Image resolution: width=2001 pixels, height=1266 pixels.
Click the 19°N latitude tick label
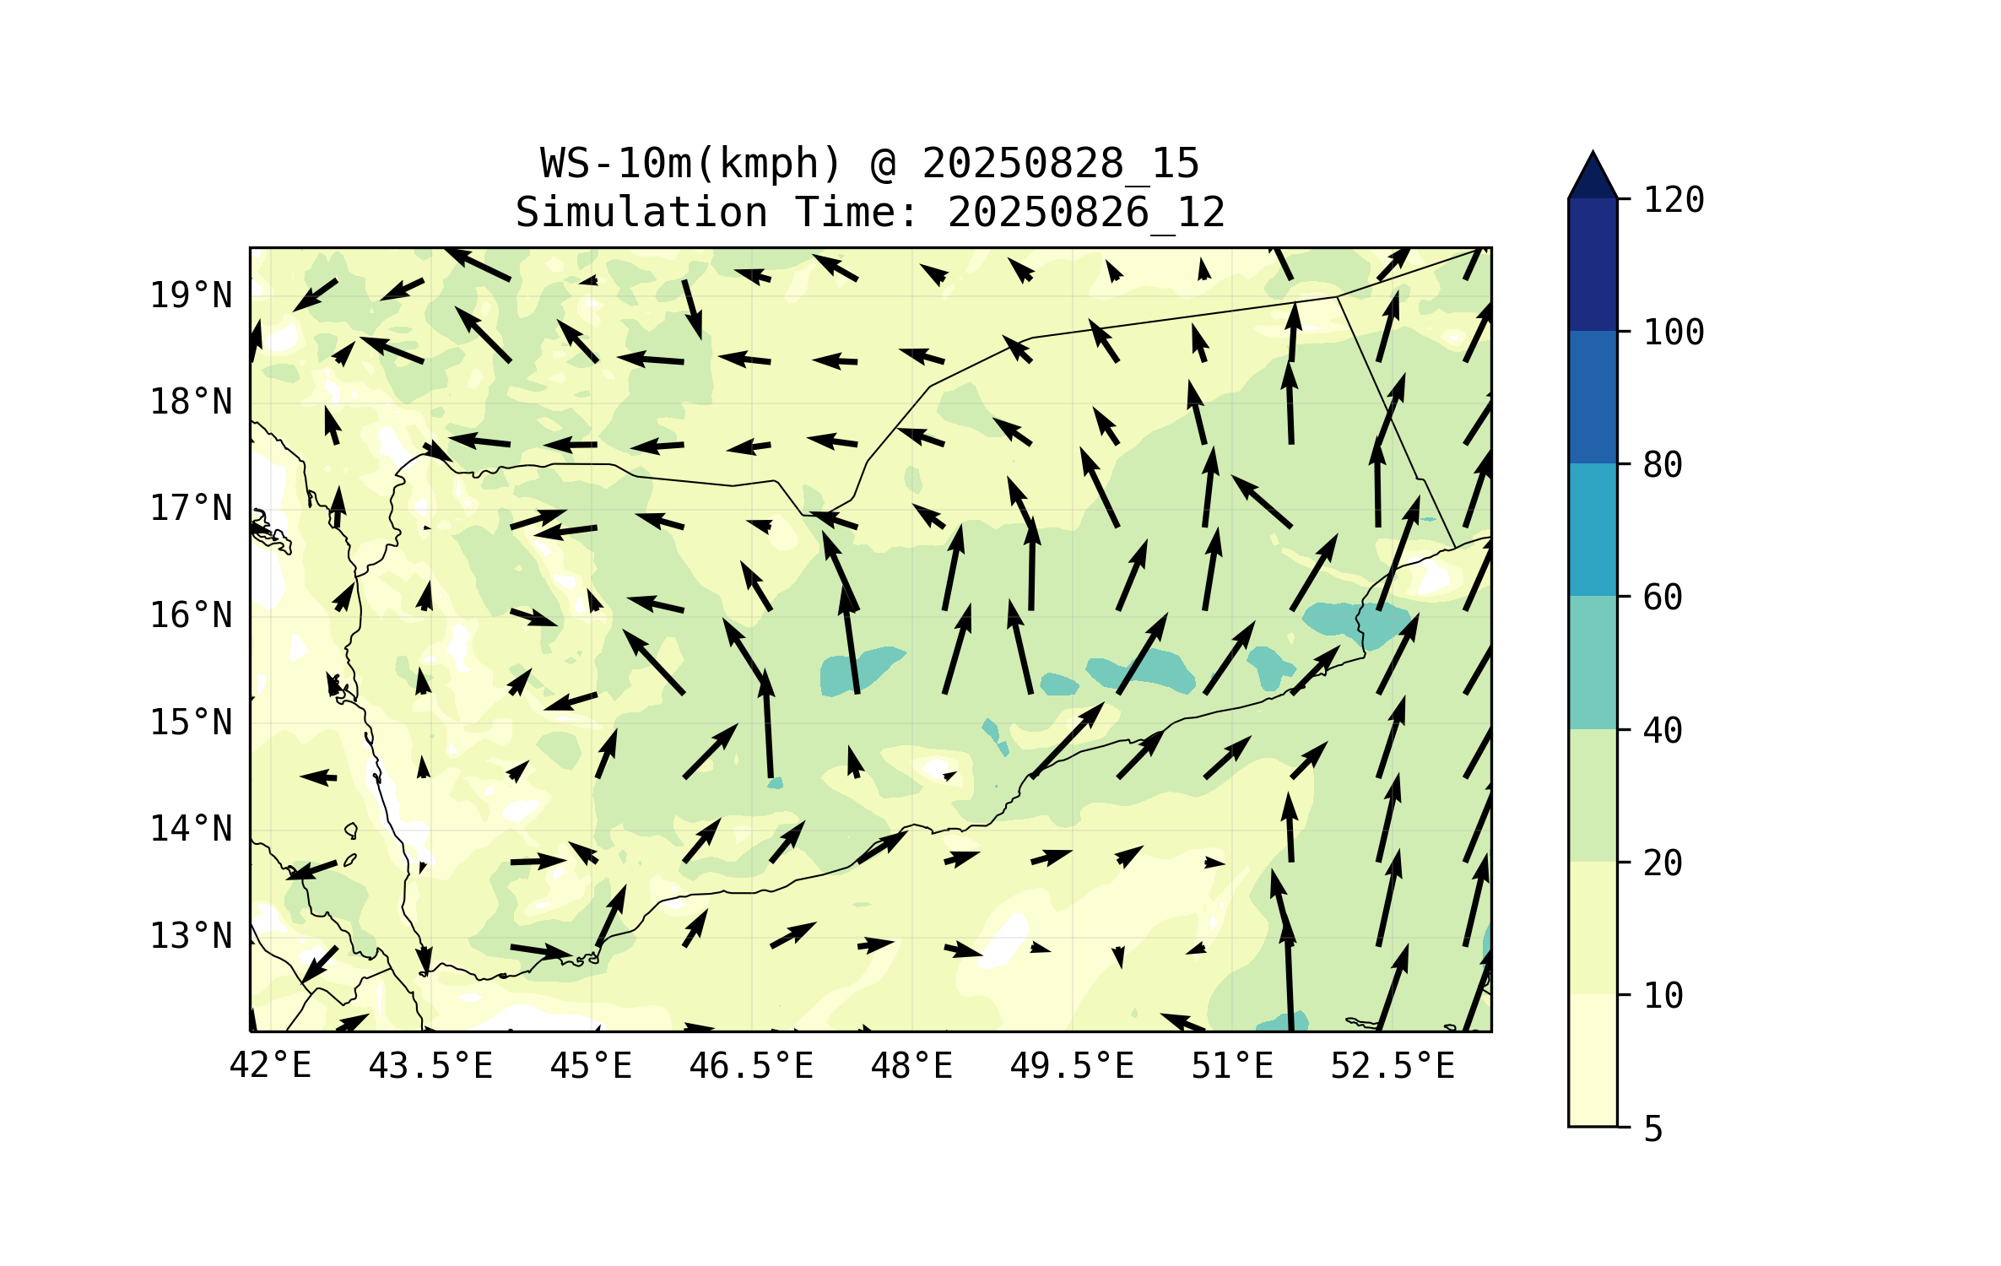(191, 295)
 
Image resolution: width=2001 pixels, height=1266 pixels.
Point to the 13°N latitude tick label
(191, 936)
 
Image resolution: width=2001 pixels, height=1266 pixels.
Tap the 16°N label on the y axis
(191, 615)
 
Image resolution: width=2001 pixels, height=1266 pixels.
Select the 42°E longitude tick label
(270, 1066)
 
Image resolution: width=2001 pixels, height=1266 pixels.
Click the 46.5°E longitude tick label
(751, 1066)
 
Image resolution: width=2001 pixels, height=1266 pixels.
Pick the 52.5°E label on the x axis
(1393, 1066)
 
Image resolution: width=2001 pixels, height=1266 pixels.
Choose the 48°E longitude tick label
(911, 1066)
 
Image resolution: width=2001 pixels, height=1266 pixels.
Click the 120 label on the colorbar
(1674, 200)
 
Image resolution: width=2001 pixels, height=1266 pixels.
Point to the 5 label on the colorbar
(1653, 1129)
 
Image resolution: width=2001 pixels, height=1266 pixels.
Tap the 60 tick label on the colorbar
(1663, 598)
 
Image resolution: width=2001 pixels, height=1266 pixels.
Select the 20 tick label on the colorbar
(1663, 863)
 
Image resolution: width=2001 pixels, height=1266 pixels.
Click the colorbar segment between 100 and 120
(1593, 265)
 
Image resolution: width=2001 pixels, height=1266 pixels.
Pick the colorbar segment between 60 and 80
(1593, 530)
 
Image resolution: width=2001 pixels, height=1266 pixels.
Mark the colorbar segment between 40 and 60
(1593, 663)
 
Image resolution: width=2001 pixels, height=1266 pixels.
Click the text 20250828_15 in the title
(1060, 164)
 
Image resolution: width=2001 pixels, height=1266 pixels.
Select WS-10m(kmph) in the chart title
(691, 164)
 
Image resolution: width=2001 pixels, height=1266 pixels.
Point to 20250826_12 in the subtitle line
(1086, 213)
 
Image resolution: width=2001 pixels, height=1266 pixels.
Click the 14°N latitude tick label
(191, 829)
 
